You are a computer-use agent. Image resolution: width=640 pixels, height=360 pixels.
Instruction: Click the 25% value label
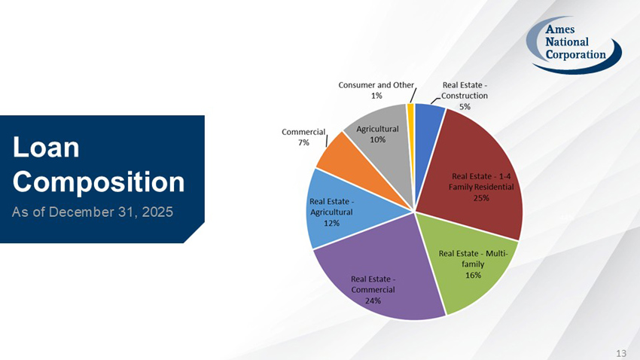[481, 198]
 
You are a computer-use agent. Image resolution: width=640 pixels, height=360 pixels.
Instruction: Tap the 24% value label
[373, 301]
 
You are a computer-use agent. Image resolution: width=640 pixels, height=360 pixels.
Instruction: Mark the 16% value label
[473, 275]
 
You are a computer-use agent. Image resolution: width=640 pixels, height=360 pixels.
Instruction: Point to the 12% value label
[331, 223]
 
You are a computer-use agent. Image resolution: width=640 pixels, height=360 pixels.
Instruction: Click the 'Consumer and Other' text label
[376, 85]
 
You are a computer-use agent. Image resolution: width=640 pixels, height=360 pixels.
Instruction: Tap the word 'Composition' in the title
[99, 182]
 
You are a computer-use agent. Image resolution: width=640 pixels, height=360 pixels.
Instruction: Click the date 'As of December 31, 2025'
[93, 212]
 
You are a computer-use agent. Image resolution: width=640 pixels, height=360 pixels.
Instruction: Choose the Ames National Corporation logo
[574, 44]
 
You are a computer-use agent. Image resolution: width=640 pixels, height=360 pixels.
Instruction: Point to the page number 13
[621, 352]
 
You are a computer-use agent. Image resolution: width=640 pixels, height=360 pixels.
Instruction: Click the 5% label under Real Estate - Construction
[465, 106]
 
